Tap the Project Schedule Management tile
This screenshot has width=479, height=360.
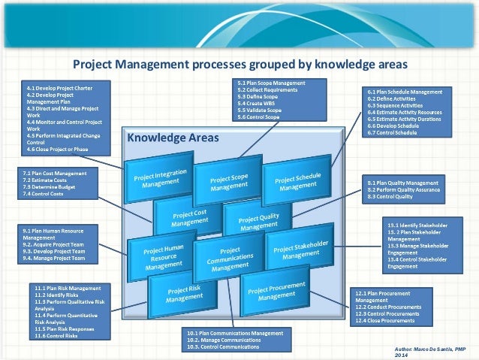(x=297, y=179)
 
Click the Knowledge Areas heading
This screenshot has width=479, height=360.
(x=173, y=138)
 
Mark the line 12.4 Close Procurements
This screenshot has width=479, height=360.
(x=384, y=320)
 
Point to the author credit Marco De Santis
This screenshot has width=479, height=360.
(x=435, y=350)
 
